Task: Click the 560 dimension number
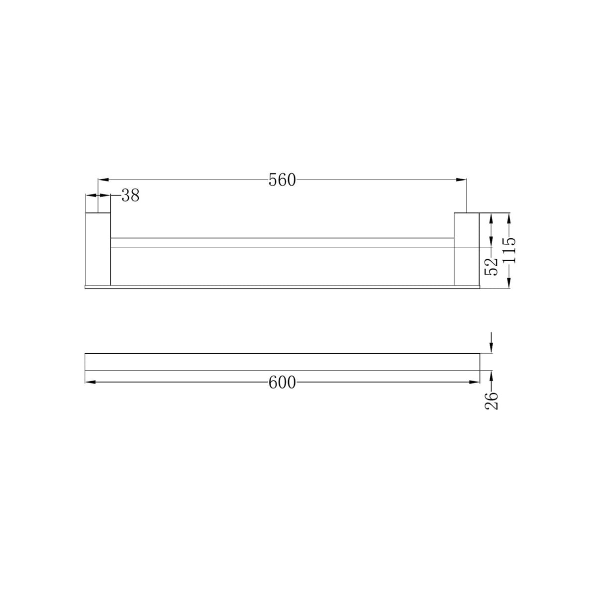[282, 180]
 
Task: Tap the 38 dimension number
[130, 195]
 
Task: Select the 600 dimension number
[282, 382]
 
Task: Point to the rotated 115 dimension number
[509, 250]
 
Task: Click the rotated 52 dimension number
[491, 266]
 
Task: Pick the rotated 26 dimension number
[491, 401]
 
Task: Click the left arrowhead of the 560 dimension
[103, 180]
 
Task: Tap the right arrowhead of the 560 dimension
[461, 180]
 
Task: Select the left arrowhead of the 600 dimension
[91, 382]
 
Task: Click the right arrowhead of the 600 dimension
[474, 382]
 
